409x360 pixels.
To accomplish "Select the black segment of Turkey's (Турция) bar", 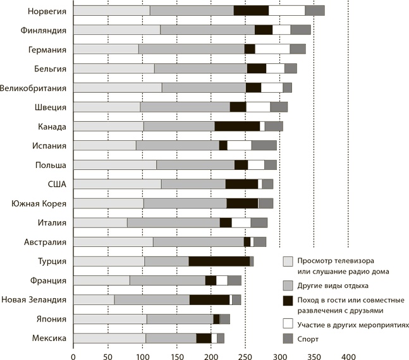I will [219, 261].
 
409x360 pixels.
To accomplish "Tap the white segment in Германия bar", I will [272, 49].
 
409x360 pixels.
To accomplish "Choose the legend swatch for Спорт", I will [288, 340].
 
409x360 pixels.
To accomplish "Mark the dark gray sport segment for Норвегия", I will [314, 11].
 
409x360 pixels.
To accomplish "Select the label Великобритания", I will [34, 88].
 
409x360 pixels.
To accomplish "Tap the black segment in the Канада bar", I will [236, 126].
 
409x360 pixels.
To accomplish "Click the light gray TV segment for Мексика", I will [109, 339].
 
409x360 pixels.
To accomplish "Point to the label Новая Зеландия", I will [34, 300].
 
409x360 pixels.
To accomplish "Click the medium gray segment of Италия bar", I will [173, 222].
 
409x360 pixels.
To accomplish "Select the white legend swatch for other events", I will [288, 324].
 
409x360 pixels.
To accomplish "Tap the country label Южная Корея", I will [39, 203].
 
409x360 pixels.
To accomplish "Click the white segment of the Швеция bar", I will [257, 107].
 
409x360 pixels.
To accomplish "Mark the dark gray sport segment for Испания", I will [264, 145].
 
